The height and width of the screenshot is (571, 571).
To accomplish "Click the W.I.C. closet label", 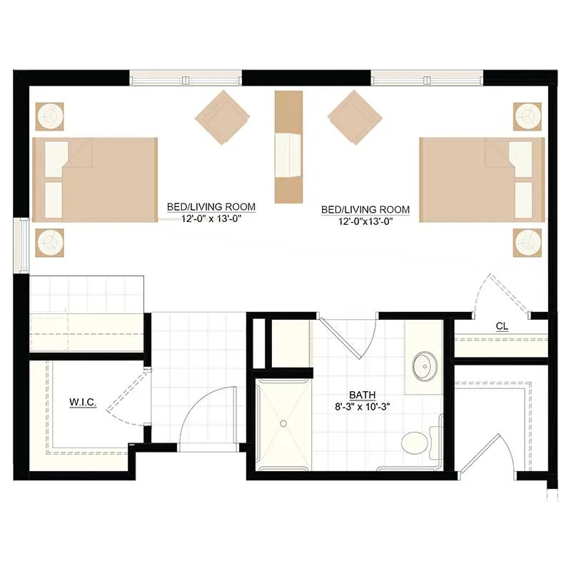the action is click(x=83, y=403).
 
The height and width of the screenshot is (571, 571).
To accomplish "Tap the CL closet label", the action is click(x=502, y=327).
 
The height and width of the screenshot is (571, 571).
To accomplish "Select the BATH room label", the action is click(x=363, y=395).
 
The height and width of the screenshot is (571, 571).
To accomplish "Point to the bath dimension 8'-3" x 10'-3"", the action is click(x=363, y=407).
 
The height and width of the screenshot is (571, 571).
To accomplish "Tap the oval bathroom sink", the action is click(x=425, y=366).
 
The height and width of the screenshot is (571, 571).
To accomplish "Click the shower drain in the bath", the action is click(x=283, y=423).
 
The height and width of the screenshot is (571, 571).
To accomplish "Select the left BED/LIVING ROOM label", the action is click(x=211, y=207).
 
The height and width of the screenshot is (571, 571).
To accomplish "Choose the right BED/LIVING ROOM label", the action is click(x=365, y=210).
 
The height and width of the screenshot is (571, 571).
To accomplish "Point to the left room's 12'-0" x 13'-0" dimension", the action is click(x=211, y=218).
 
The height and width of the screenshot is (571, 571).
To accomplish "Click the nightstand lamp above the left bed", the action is click(x=49, y=116).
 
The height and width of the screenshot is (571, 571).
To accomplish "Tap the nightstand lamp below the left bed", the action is click(x=49, y=243).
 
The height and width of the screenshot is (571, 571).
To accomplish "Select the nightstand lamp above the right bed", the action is click(x=527, y=116).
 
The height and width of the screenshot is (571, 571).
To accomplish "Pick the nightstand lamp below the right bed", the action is click(x=527, y=243).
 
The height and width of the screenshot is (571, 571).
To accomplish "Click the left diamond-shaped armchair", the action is click(x=222, y=117).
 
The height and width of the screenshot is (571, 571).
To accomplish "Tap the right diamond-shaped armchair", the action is click(x=355, y=117).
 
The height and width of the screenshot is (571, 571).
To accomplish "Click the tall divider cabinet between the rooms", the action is click(x=289, y=147).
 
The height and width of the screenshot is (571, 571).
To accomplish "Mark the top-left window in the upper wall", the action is click(x=186, y=78).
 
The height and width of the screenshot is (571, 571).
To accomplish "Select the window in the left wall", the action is click(x=21, y=245).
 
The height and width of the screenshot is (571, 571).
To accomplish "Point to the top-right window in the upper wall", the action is click(x=427, y=78).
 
